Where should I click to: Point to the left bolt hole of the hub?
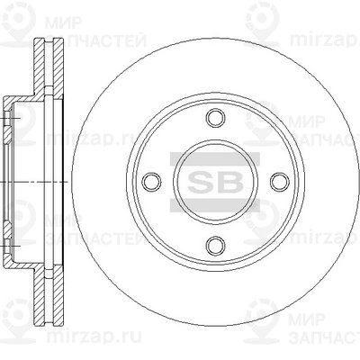pos(150,181)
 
